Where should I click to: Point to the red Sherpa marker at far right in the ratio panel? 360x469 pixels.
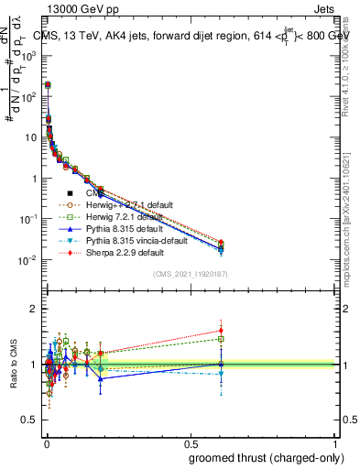point(221,331)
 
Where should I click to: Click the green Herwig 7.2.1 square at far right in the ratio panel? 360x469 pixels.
point(221,339)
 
